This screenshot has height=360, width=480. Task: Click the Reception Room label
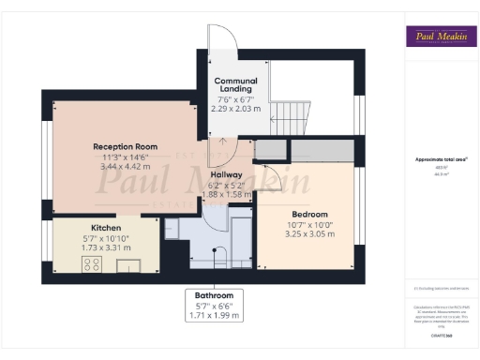pyautogui.click(x=124, y=146)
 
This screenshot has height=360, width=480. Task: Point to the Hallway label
pyautogui.click(x=227, y=175)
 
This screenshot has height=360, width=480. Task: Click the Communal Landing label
pyautogui.click(x=230, y=85)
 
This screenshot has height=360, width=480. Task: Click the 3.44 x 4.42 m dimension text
pyautogui.click(x=124, y=168)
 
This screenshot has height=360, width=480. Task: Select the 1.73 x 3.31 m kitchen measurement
pyautogui.click(x=106, y=248)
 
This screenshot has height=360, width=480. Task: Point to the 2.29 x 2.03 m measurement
pyautogui.click(x=230, y=108)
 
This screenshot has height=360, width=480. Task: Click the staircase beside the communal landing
pyautogui.click(x=290, y=113)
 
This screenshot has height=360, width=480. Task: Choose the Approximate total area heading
pyautogui.click(x=439, y=159)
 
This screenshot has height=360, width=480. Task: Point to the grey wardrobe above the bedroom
pyautogui.click(x=304, y=150)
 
